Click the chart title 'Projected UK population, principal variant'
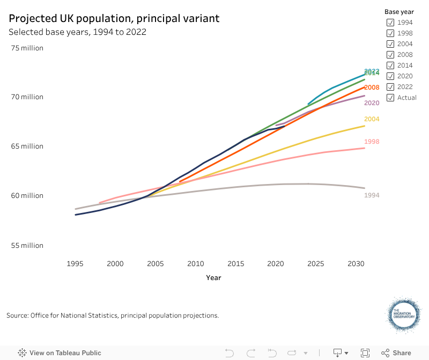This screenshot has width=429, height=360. coord(114,18)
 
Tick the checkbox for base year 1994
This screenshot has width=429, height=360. coord(390,23)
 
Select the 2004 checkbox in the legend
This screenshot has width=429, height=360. coord(390,44)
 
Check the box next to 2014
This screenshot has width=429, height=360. coord(390,65)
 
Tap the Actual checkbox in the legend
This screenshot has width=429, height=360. coord(390,98)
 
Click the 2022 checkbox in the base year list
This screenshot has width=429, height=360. coord(390,87)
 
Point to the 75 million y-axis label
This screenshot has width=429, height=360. coord(27,48)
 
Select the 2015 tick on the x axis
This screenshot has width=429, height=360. coord(235,264)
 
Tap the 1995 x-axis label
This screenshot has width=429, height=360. coord(75,264)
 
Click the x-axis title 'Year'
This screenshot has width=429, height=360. coord(213,278)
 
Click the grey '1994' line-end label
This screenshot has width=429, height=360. coord(372,195)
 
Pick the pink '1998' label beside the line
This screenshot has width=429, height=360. coord(372,142)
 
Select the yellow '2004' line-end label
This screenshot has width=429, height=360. coord(372,119)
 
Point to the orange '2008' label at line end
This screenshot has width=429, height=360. coord(372,87)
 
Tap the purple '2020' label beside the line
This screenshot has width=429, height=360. coord(372,103)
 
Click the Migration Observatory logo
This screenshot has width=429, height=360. coord(404,316)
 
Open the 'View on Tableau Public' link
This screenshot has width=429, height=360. coord(60,353)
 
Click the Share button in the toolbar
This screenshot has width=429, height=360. coord(396,353)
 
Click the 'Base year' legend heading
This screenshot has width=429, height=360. coord(400,12)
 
